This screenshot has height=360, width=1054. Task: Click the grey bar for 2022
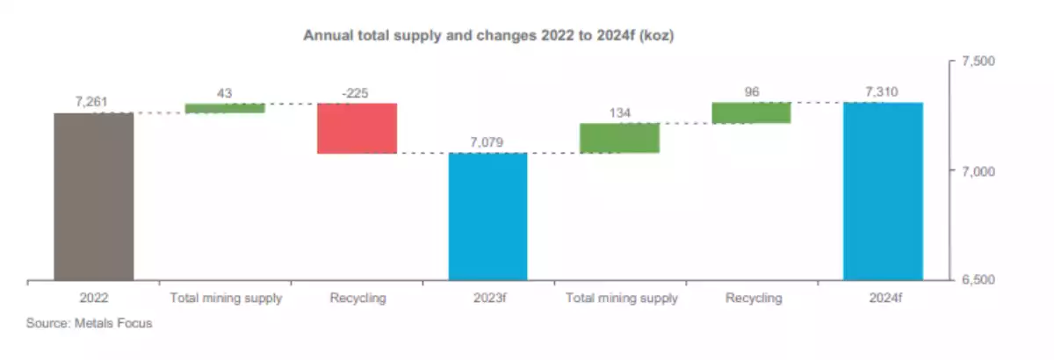[x=93, y=197]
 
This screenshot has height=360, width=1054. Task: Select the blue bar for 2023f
[x=487, y=217]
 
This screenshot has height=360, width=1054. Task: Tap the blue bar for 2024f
[x=883, y=191]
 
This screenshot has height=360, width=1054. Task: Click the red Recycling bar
[x=357, y=128]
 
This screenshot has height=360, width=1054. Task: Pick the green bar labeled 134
[x=619, y=138]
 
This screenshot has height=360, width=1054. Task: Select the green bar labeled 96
[x=751, y=112]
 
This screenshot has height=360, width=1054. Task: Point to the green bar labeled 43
[x=225, y=108]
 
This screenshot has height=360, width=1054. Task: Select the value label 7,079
[x=487, y=142]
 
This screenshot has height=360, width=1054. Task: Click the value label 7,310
[x=882, y=92]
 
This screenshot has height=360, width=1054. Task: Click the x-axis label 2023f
[x=487, y=299]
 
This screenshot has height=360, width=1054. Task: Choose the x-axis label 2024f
[x=883, y=299]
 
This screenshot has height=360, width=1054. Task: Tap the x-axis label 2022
[x=93, y=299]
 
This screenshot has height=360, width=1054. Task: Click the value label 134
[x=619, y=112]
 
